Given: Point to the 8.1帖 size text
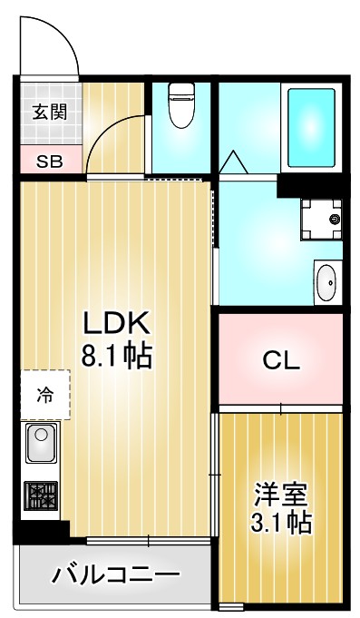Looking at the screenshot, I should [116, 354].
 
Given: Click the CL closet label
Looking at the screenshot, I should [281, 361].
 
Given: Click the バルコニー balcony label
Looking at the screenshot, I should [115, 574].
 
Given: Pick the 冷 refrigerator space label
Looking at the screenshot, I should [44, 395].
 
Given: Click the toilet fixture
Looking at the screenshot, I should [180, 106].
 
